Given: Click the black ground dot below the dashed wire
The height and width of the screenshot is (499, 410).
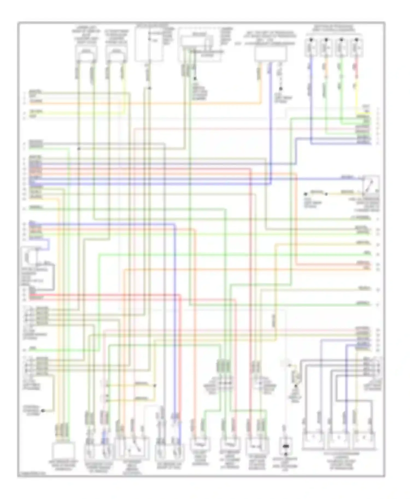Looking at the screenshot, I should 281,89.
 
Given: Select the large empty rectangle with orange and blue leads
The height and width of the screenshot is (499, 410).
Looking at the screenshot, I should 271,54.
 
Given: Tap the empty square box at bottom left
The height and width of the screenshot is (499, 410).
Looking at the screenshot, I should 63,450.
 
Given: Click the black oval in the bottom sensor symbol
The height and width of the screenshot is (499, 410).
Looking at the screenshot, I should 286,447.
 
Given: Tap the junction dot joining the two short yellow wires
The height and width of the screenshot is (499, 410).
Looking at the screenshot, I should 155,385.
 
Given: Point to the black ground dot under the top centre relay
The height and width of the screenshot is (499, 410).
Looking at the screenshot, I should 195,79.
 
